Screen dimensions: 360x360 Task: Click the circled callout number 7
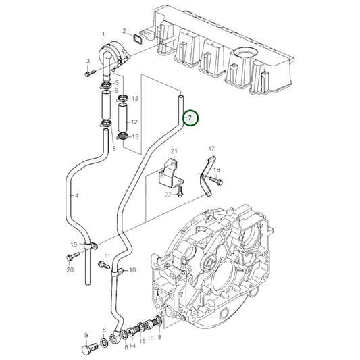pyautogui.click(x=190, y=119)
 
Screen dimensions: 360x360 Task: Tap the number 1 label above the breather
pyautogui.click(x=103, y=34)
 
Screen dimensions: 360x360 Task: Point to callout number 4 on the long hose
pyautogui.click(x=76, y=196)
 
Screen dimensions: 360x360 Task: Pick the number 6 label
pyautogui.click(x=116, y=91)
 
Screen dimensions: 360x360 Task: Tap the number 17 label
pyautogui.click(x=211, y=149)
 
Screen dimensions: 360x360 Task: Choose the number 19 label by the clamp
pyautogui.click(x=74, y=244)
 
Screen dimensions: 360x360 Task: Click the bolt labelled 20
pyautogui.click(x=72, y=257)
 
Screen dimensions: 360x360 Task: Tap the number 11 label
pyautogui.click(x=107, y=255)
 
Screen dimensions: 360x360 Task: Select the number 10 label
pyautogui.click(x=132, y=270)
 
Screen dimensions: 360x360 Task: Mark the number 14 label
pyautogui.click(x=132, y=345)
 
